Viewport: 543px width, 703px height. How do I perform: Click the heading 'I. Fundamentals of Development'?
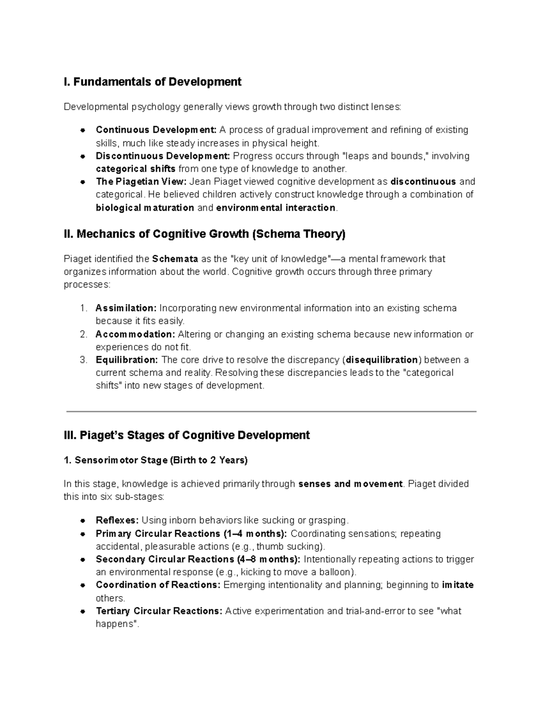click(152, 82)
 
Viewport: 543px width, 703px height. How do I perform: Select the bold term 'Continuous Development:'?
click(156, 130)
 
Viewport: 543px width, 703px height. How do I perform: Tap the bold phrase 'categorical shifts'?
click(136, 169)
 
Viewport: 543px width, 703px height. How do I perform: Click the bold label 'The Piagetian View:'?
click(141, 182)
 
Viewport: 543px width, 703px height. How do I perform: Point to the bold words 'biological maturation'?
click(145, 208)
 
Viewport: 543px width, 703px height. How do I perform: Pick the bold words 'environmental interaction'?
click(276, 208)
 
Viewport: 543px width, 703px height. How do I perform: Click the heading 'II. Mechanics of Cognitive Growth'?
click(205, 234)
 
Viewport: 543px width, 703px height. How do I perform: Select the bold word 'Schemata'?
click(175, 259)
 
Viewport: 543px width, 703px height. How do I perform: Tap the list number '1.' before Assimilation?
click(83, 308)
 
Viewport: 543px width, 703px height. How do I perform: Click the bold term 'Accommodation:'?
click(135, 335)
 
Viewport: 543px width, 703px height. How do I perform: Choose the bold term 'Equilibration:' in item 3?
click(127, 360)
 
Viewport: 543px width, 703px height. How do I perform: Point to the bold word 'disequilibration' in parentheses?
click(382, 360)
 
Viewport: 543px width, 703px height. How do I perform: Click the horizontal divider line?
click(271, 411)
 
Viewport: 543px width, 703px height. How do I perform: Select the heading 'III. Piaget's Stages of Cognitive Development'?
click(187, 435)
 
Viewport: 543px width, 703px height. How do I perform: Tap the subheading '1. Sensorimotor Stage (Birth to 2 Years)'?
click(156, 460)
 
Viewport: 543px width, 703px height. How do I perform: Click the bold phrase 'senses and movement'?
click(350, 484)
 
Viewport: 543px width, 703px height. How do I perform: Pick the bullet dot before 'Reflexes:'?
click(83, 520)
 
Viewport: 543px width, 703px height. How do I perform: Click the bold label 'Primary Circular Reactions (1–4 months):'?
click(191, 534)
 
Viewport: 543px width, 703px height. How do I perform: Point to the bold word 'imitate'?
click(457, 585)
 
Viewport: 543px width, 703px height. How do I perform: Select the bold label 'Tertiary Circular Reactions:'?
click(159, 611)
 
